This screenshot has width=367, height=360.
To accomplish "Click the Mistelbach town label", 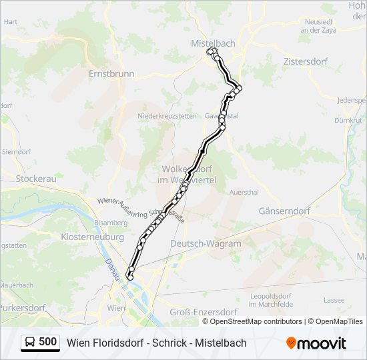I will pyautogui.click(x=213, y=43).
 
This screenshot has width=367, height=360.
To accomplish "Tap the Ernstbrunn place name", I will pyautogui.click(x=111, y=74).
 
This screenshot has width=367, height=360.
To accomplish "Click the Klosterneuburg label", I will pyautogui.click(x=92, y=237).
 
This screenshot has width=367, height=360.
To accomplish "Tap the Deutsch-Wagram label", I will pyautogui.click(x=206, y=243).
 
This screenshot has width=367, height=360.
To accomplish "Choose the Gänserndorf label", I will pyautogui.click(x=284, y=211).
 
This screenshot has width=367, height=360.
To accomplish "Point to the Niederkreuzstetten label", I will pyautogui.click(x=167, y=115).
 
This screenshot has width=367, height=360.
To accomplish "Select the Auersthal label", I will pyautogui.click(x=244, y=192).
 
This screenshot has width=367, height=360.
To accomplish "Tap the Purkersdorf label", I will pyautogui.click(x=22, y=308).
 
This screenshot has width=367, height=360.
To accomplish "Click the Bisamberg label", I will pyautogui.click(x=110, y=222).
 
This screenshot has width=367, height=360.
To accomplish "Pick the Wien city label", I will pyautogui.click(x=116, y=309).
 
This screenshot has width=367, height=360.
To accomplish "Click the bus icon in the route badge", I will pyautogui.click(x=31, y=342).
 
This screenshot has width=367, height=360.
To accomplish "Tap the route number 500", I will pyautogui.click(x=48, y=342).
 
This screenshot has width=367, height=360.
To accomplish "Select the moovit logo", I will pyautogui.click(x=316, y=343).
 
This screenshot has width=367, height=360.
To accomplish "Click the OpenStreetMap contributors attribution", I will pyautogui.click(x=256, y=321).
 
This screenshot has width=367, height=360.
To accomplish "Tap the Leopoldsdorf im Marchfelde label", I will pyautogui.click(x=272, y=299).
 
